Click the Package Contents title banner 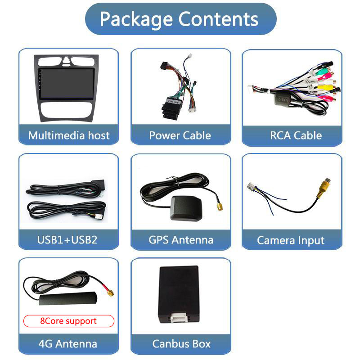(180, 19)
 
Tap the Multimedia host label (68, 135)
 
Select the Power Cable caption (180, 135)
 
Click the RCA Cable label (296, 135)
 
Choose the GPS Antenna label (180, 239)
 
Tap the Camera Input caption (291, 240)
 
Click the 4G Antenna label (68, 344)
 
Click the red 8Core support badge (68, 321)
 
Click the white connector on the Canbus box (180, 319)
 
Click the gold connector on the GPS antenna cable (220, 207)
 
